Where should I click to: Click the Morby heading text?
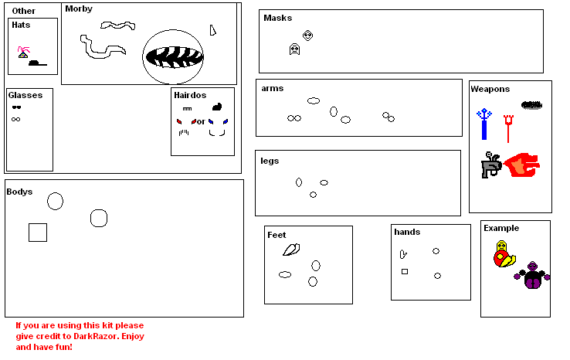(79, 9)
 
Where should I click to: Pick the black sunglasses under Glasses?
(15, 107)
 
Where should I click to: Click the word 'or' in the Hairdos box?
(200, 122)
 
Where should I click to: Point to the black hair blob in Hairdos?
(217, 107)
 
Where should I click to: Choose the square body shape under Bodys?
(38, 232)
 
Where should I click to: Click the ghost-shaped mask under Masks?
(294, 49)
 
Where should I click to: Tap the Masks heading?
(277, 18)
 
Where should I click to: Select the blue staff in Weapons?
(484, 124)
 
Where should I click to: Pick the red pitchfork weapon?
(508, 127)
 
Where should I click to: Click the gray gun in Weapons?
(490, 165)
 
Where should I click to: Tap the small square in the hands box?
(404, 271)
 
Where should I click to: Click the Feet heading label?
(276, 235)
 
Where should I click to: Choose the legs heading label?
(270, 161)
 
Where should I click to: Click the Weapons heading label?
(490, 89)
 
